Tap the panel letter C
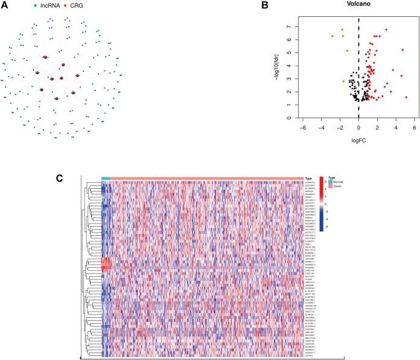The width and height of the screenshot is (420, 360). (x=59, y=178)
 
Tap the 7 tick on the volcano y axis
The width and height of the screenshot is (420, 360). (x=288, y=27)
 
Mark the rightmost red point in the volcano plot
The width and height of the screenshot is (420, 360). (x=406, y=97)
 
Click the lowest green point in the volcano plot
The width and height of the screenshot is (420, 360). (x=344, y=81)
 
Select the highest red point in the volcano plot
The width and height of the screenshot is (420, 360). (x=386, y=30)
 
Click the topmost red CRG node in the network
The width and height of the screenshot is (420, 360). (x=45, y=58)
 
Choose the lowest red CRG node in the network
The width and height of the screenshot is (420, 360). (x=56, y=98)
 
